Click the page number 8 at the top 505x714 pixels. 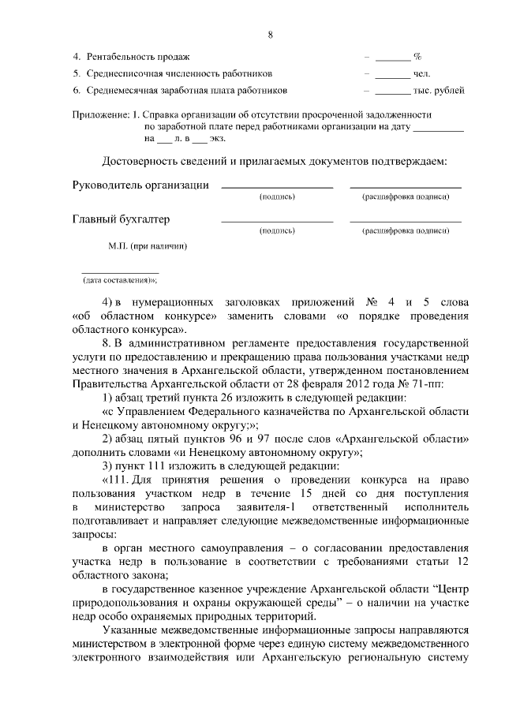pyautogui.click(x=270, y=36)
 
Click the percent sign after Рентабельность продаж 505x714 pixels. pyautogui.click(x=417, y=58)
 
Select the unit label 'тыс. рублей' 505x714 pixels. pyautogui.click(x=439, y=91)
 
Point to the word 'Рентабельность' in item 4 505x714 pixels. pyautogui.click(x=118, y=58)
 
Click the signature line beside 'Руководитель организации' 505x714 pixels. pyautogui.click(x=276, y=186)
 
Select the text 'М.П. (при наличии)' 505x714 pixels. pyautogui.click(x=147, y=246)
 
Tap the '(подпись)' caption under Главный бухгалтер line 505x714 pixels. pyautogui.click(x=276, y=231)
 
